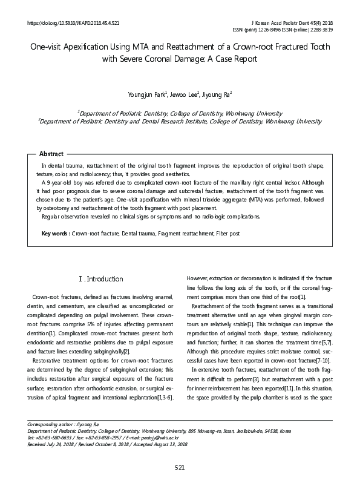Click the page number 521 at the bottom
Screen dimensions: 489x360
[180, 467]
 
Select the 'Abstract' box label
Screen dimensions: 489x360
[51, 154]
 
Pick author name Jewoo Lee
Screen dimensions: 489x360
[182, 94]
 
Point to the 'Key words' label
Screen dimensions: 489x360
[55, 233]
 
